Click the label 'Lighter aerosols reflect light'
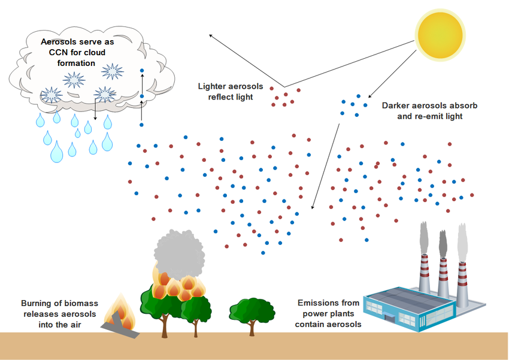pos(226,91)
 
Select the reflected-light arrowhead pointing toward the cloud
pos(211,35)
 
